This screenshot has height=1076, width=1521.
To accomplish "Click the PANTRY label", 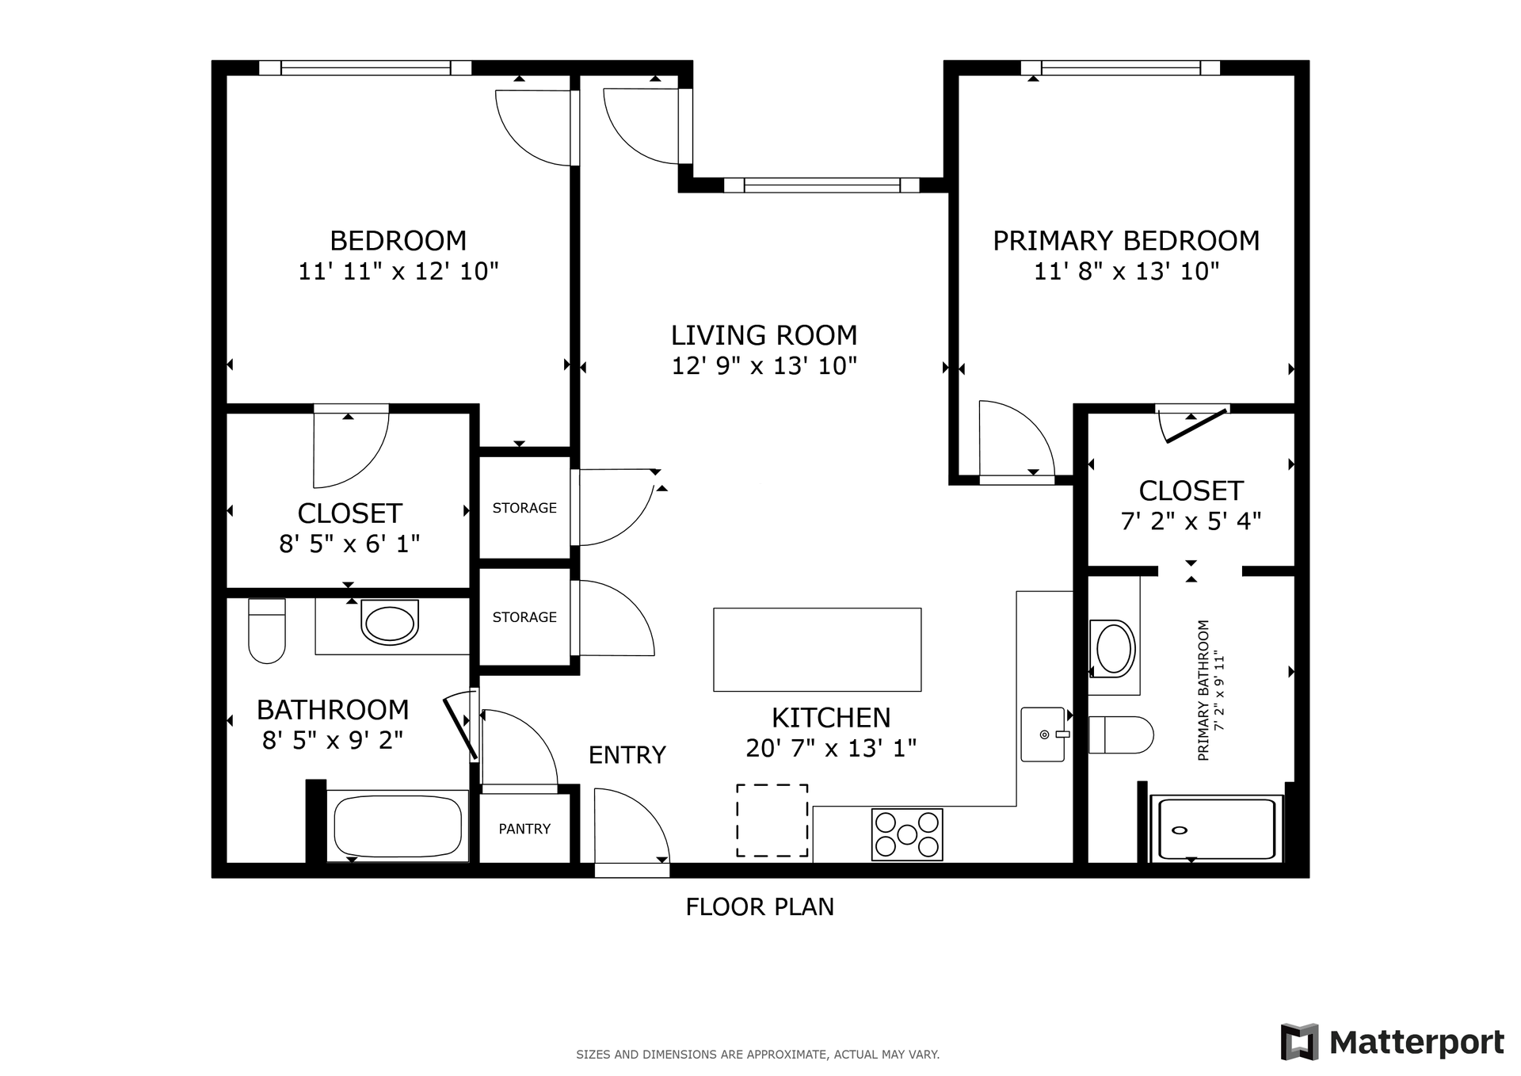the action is click(x=524, y=829).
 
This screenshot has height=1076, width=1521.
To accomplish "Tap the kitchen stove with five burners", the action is click(x=907, y=834).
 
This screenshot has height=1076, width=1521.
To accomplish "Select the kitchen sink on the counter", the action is click(x=1043, y=735).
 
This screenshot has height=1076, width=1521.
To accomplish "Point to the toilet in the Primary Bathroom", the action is click(x=1121, y=735).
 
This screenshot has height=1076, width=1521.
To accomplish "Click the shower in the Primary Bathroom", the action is click(x=1217, y=829).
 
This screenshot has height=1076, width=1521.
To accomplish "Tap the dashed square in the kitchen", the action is click(x=772, y=820).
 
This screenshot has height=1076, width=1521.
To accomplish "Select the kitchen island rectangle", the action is click(x=817, y=650).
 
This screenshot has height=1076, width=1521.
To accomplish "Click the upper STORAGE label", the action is click(x=524, y=508).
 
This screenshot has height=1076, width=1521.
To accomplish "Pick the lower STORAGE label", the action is click(x=524, y=617).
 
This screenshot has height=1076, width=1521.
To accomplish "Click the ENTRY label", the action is click(x=627, y=755).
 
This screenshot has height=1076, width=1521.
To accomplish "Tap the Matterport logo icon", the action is click(x=1299, y=1042).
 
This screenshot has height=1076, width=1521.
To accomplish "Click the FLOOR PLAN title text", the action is click(x=760, y=906).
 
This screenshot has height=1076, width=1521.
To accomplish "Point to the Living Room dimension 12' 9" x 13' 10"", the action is click(x=764, y=366).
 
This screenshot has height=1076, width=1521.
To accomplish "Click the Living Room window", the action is click(x=821, y=185).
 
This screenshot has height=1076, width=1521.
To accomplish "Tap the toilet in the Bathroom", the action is click(x=267, y=631).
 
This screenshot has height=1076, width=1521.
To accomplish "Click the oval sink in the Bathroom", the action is click(x=390, y=623).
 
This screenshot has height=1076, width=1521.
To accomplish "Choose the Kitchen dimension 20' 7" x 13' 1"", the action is click(x=831, y=748).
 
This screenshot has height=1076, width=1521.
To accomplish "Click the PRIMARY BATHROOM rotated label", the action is click(x=1210, y=691).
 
